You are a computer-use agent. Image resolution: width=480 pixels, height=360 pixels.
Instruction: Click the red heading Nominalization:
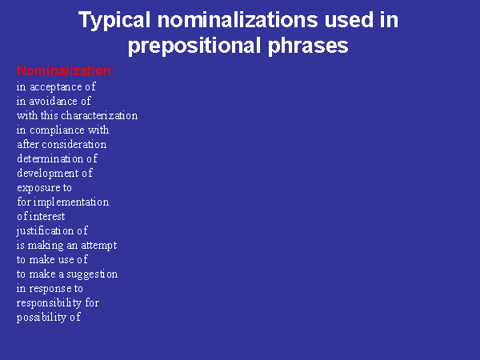pyautogui.click(x=66, y=71)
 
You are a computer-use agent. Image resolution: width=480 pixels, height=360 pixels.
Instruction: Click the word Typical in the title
pyautogui.click(x=114, y=21)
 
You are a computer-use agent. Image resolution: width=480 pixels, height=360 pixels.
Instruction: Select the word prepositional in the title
pyautogui.click(x=194, y=46)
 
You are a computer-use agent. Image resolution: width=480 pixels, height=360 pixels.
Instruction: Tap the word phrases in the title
pyautogui.click(x=308, y=46)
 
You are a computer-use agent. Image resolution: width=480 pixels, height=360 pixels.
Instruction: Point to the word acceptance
pyautogui.click(x=56, y=87)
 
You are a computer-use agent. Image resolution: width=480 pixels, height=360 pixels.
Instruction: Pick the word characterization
pyautogui.click(x=99, y=116)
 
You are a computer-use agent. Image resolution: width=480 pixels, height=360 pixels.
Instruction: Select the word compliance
pyautogui.click(x=58, y=130)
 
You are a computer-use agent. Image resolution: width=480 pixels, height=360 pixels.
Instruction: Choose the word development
pyautogui.click(x=48, y=174)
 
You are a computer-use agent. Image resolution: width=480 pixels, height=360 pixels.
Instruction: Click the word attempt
pyautogui.click(x=99, y=246)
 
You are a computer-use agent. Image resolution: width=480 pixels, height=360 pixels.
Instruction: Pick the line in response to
pyautogui.click(x=50, y=289)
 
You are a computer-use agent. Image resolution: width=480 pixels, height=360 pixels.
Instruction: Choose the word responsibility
pyautogui.click(x=50, y=303)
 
